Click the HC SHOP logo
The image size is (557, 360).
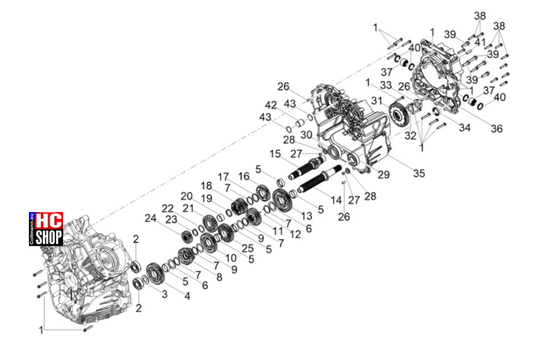click(46, 229)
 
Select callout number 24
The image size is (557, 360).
click(151, 218)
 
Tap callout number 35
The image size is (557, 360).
click(419, 173)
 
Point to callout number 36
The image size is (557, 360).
click(497, 129)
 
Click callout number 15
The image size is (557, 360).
click(275, 154)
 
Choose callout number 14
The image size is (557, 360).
click(336, 200)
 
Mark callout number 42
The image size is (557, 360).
click(271, 105)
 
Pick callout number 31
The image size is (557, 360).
click(377, 101)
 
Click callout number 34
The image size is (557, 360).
click(465, 128)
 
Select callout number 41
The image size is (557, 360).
click(480, 43)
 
